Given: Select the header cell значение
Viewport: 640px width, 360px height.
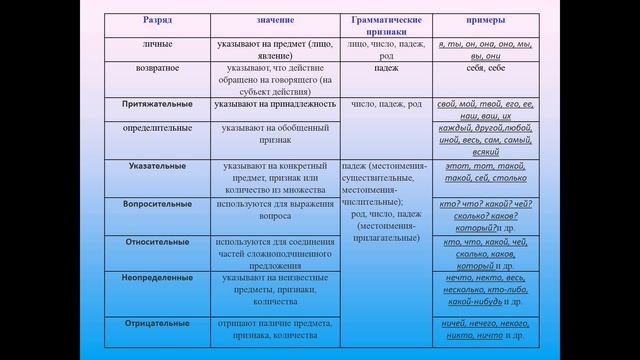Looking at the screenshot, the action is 275,20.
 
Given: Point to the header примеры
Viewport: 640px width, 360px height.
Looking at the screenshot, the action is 484,20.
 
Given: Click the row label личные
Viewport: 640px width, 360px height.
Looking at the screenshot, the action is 157,46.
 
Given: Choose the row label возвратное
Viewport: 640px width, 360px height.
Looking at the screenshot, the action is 157,68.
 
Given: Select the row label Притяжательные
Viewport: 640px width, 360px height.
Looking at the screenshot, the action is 157,103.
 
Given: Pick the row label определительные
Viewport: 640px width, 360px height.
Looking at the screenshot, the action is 157,129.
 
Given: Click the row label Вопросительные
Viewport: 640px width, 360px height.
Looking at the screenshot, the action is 157,203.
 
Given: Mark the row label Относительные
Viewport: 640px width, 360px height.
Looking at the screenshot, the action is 157,241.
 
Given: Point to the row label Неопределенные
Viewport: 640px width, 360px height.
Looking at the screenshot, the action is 157,277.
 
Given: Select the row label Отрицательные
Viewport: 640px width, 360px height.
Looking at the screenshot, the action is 157,324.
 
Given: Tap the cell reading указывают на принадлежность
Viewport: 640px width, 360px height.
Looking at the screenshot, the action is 275,104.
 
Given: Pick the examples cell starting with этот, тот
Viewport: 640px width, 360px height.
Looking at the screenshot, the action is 484,171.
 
